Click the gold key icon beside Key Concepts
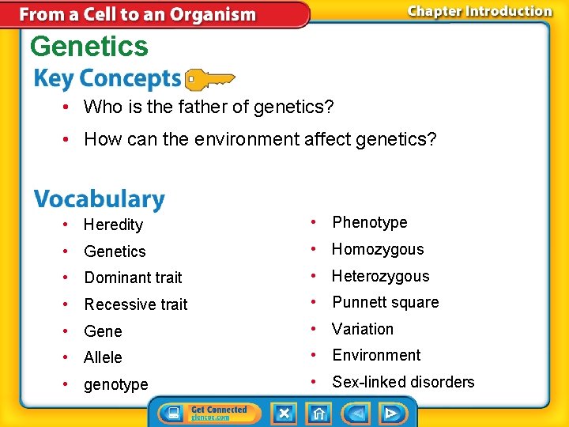click(209, 79)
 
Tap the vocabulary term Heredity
click(113, 225)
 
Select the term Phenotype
click(369, 223)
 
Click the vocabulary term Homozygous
click(378, 250)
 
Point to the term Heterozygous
click(380, 276)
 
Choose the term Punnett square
click(385, 303)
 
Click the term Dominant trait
click(133, 278)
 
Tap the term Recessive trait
click(136, 304)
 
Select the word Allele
click(103, 357)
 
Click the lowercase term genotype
click(116, 385)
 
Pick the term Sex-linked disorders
click(403, 383)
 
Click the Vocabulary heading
click(99, 199)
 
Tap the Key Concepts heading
click(107, 79)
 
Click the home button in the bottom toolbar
click(319, 413)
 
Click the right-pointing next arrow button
click(390, 413)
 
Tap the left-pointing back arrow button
click(356, 413)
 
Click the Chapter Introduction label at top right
click(479, 11)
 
